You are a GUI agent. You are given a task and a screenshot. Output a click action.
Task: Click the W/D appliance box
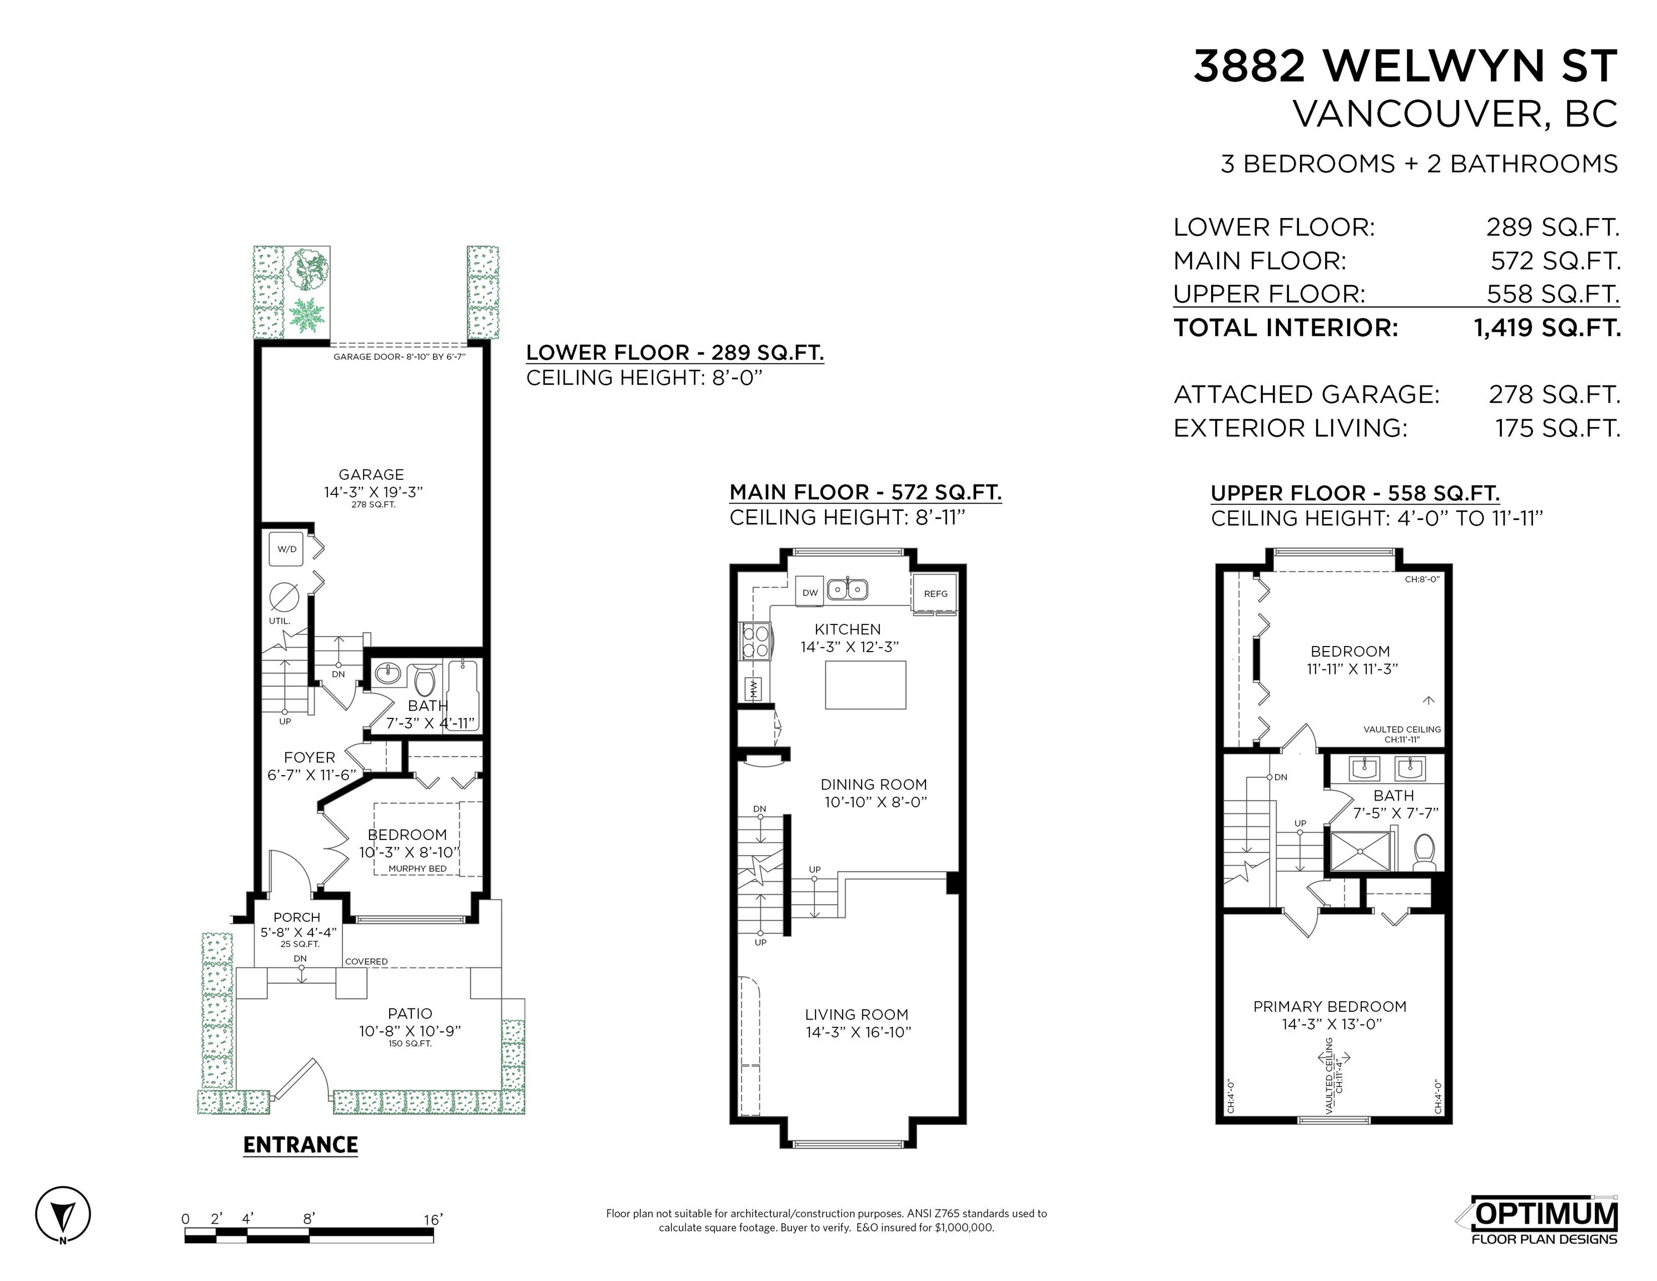click(x=287, y=549)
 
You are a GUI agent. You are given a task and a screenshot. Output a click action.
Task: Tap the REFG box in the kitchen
click(x=936, y=593)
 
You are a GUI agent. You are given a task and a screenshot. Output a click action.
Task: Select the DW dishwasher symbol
click(x=810, y=592)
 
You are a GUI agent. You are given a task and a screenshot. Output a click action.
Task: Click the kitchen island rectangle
click(x=865, y=684)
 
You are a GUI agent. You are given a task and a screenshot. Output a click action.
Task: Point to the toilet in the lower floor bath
click(x=424, y=679)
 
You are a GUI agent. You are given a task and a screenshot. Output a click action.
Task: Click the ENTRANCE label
click(x=301, y=1144)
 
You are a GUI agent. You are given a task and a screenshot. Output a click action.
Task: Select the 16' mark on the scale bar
click(x=433, y=1219)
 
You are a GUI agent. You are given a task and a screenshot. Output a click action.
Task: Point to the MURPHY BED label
click(x=417, y=869)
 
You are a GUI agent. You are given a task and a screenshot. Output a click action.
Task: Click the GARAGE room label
click(x=371, y=474)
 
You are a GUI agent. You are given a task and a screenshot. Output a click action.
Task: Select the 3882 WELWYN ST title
click(x=1406, y=66)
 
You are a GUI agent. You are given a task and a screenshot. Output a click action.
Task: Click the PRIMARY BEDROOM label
click(x=1330, y=1006)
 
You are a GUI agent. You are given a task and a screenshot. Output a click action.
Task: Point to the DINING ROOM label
click(x=874, y=785)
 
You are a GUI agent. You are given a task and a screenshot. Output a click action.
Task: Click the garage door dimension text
click(x=399, y=357)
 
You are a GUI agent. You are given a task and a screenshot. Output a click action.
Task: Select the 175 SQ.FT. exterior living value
click(x=1558, y=428)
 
